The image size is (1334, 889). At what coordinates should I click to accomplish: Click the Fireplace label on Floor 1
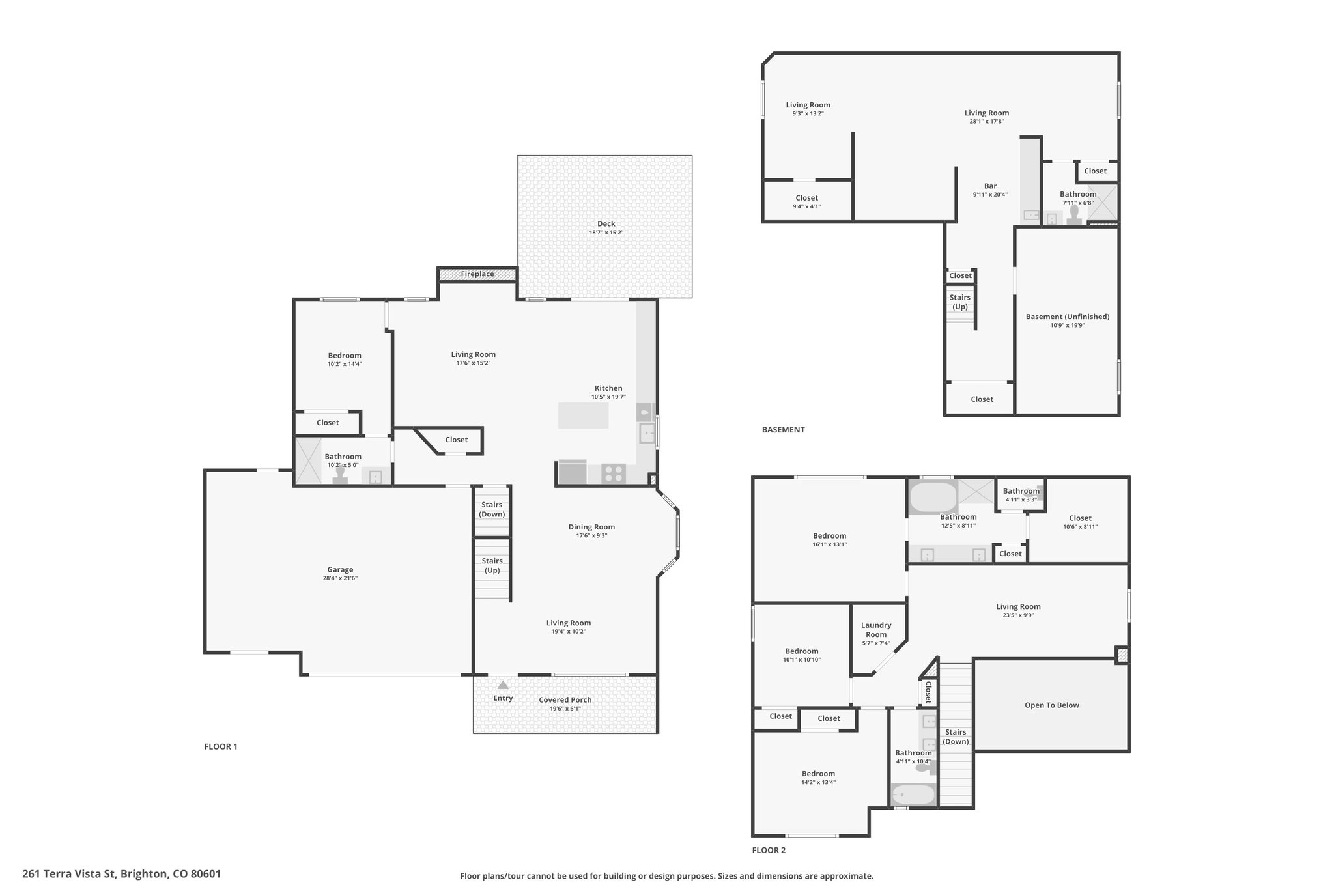(x=477, y=274)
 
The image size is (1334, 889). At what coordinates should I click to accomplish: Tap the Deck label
(x=606, y=223)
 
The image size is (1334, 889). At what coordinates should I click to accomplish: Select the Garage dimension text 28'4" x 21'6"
(x=340, y=578)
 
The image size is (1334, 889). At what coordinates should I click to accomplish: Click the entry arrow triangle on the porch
(x=503, y=685)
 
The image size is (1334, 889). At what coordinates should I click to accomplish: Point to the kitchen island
(x=584, y=416)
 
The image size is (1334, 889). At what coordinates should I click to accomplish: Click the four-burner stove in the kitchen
(x=614, y=473)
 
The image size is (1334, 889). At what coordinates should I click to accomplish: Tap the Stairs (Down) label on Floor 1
(x=492, y=509)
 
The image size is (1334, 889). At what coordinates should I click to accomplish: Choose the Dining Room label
(x=591, y=527)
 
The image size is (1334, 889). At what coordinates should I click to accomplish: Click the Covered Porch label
(x=565, y=700)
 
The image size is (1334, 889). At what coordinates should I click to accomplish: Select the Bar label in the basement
(x=990, y=186)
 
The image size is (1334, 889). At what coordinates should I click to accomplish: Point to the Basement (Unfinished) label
(x=1068, y=317)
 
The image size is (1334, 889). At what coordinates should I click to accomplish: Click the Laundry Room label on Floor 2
(x=876, y=630)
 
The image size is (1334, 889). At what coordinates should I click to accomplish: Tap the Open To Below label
(x=1052, y=705)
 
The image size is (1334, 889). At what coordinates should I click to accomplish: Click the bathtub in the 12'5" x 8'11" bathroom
(x=933, y=498)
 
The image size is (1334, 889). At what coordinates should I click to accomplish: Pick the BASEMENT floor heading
(x=784, y=430)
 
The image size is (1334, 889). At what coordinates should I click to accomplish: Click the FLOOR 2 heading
(x=769, y=850)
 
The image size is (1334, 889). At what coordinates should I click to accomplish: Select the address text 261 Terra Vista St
(x=68, y=874)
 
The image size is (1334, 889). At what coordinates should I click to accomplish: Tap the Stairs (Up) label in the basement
(x=960, y=302)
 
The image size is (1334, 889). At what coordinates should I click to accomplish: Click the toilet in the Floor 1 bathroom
(x=340, y=474)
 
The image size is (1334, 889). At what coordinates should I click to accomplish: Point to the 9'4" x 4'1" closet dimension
(x=806, y=206)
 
